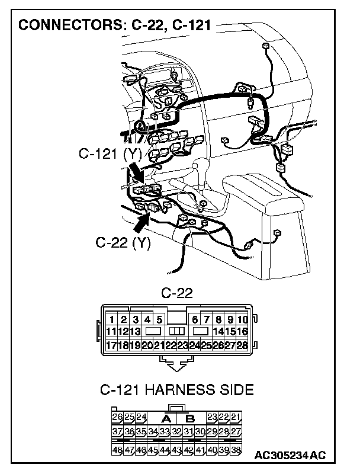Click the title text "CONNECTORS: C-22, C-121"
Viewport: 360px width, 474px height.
(115, 27)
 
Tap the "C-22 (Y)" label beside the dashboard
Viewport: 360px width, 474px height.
(123, 243)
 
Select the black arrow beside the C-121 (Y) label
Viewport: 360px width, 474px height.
(136, 171)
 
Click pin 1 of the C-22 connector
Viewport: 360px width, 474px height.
(112, 320)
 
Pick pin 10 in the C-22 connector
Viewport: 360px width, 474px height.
(242, 320)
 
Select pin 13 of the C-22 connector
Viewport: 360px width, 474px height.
(136, 332)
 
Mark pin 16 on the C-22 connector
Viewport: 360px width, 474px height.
(242, 332)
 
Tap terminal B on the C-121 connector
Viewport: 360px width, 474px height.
(189, 418)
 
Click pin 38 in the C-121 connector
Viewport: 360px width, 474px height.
(236, 450)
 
